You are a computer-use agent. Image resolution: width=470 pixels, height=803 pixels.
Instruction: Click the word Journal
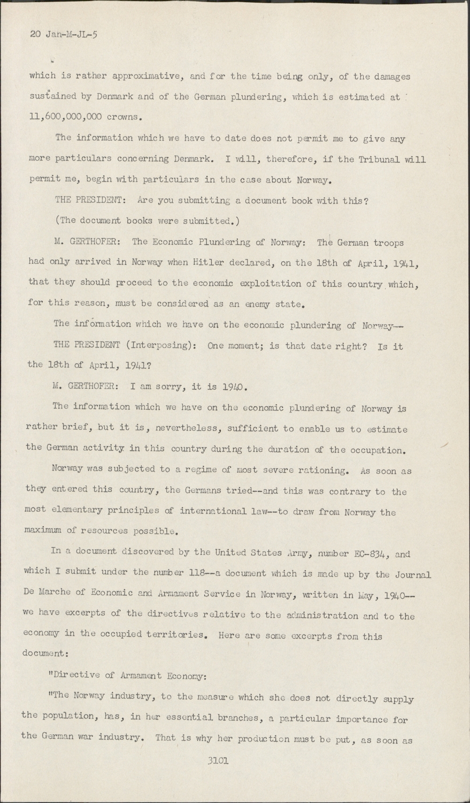point(411,575)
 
